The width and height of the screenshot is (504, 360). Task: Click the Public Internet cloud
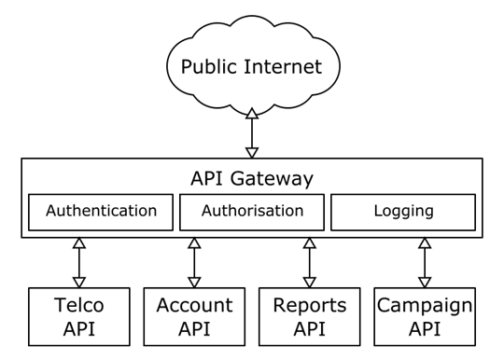251,67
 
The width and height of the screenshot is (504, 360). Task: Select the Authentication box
101,212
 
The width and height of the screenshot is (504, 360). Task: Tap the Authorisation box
252,212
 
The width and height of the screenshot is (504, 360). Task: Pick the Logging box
403,212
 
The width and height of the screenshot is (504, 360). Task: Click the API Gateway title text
252,178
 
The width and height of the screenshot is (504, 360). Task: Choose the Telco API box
78,316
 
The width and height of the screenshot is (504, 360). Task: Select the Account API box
194,316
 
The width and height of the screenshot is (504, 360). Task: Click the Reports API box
309,316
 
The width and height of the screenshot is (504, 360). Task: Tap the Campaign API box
424,316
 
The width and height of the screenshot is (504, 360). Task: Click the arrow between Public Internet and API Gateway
251,132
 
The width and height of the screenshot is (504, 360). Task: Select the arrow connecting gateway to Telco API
78,262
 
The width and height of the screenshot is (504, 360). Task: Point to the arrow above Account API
194,262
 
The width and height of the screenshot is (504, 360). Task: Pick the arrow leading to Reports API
309,262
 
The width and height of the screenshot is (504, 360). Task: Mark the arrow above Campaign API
424,262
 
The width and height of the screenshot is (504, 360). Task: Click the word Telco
78,305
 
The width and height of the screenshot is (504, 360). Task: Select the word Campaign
424,305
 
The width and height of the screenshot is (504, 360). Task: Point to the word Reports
309,305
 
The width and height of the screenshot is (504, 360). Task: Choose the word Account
194,305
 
